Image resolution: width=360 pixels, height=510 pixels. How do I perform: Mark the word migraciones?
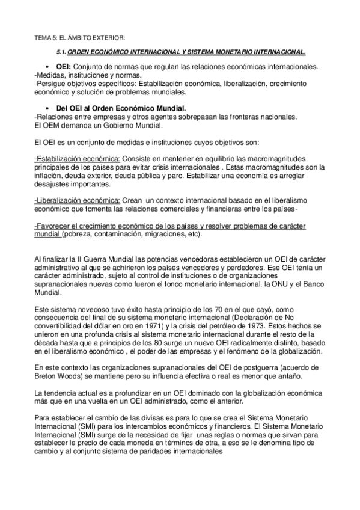pos(165,234)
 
